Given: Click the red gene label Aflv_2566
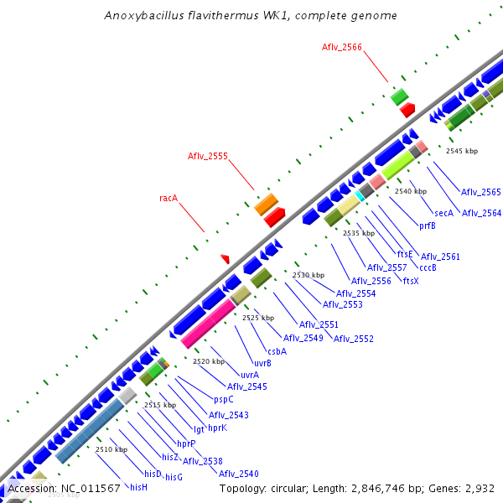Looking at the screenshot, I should pos(342,48).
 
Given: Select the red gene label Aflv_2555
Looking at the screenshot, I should pos(208,156).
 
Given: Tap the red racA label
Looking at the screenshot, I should pos(169,199).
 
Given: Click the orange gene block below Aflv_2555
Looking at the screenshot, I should pos(266,204).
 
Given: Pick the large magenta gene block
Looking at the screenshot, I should pos(208,324).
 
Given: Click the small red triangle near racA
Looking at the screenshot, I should pos(225,258).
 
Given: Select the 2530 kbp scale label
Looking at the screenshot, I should pos(308,275).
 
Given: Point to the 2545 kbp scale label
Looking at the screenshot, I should pos(462,151).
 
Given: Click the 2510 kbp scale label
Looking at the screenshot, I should pos(111,449).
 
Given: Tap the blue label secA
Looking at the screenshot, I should pos(443,213).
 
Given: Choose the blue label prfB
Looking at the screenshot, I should pos(427,226).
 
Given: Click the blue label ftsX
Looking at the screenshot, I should pos(411,280).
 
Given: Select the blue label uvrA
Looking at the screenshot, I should pos(250,375).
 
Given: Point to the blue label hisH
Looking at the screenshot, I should pos(138,486).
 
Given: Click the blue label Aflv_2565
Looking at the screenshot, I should pos(481,192).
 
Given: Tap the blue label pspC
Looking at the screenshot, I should pos(224,399).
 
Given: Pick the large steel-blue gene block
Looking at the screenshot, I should pos(90,431).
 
